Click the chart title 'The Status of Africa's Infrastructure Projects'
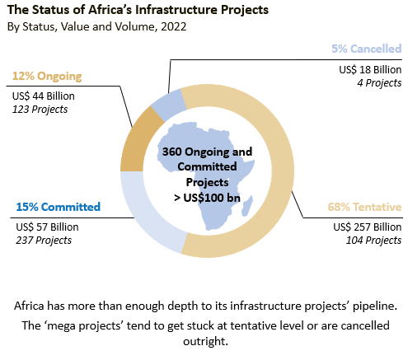tap(138, 10)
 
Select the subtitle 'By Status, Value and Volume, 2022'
tap(97, 26)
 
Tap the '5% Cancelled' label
tap(367, 49)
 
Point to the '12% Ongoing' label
tap(47, 76)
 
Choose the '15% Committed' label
tap(59, 207)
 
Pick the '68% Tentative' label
tap(364, 207)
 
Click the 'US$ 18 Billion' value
tap(370, 70)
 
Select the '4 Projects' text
tap(379, 83)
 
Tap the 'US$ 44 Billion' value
tap(44, 96)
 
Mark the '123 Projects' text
tap(40, 110)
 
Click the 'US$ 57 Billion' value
tap(47, 227)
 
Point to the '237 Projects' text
tap(44, 241)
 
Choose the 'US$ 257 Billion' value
tap(368, 227)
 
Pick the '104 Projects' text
tap(373, 241)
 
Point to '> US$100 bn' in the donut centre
tap(207, 198)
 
